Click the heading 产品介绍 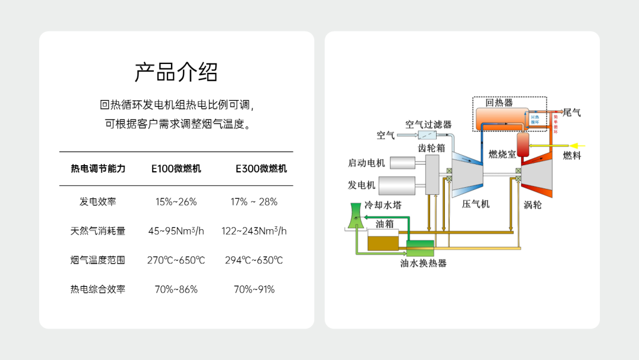(x=176, y=72)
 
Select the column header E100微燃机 (x=176, y=169)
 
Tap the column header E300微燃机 (x=261, y=169)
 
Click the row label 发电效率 (x=98, y=201)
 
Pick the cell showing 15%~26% (x=176, y=201)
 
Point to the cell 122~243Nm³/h (x=254, y=231)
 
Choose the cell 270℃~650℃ (x=176, y=260)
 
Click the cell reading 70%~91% (x=254, y=290)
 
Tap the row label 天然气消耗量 (x=98, y=231)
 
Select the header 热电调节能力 (x=98, y=169)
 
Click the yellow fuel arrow (x=577, y=145)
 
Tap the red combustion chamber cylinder (x=522, y=143)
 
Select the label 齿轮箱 (x=431, y=147)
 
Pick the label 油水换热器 (x=423, y=263)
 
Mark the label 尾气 (x=572, y=112)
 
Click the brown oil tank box (x=383, y=242)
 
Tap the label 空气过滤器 (x=428, y=124)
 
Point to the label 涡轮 (x=532, y=205)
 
